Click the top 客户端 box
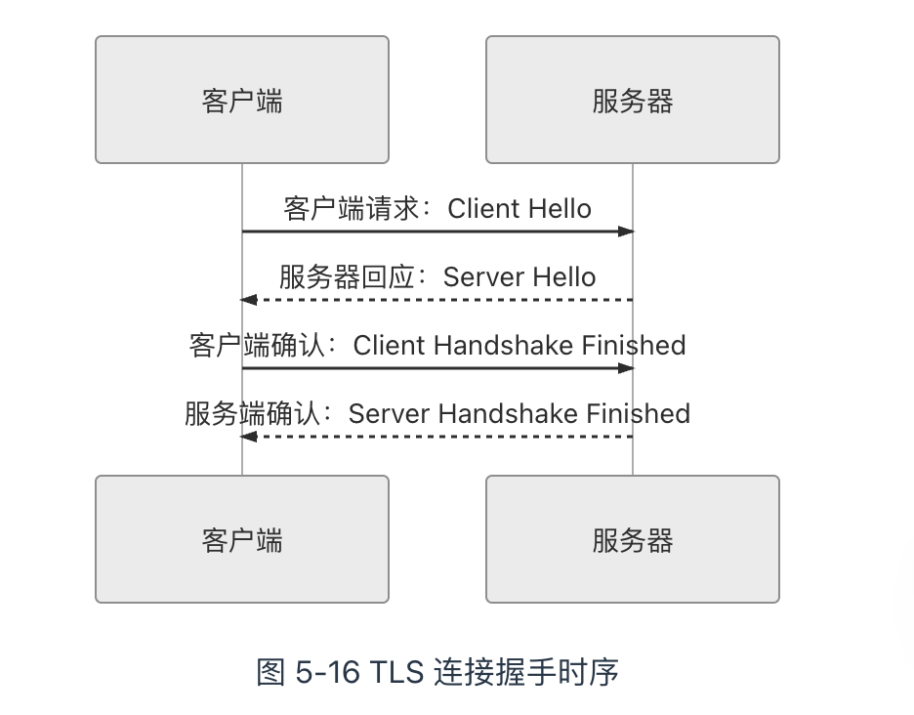coord(242,100)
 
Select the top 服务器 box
coord(633,100)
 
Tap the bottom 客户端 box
coord(242,539)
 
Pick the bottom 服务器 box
coord(633,539)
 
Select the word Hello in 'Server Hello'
coord(559,277)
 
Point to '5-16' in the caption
coord(325,673)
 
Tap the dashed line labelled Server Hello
coord(439,300)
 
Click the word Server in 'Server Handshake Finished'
coord(390,414)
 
